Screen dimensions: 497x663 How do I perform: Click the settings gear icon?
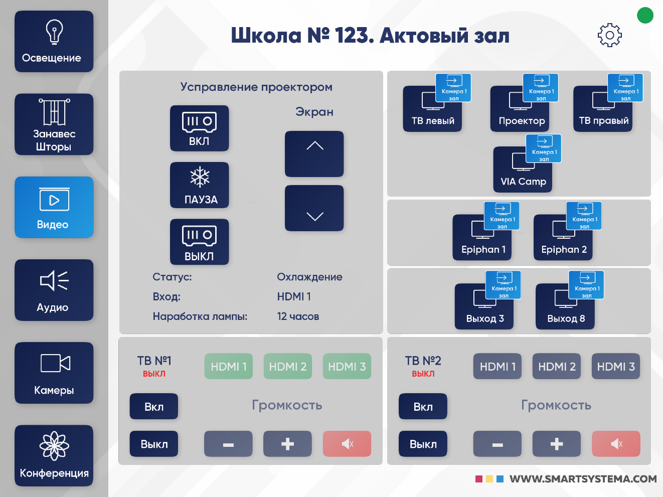pyautogui.click(x=609, y=35)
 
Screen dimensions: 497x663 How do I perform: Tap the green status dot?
pyautogui.click(x=645, y=15)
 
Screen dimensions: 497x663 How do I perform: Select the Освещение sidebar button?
pyautogui.click(x=54, y=42)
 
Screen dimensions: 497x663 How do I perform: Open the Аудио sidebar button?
pyautogui.click(x=54, y=290)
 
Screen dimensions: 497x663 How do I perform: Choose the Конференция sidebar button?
pyautogui.click(x=54, y=455)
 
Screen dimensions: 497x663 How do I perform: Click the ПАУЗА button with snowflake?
pyautogui.click(x=200, y=185)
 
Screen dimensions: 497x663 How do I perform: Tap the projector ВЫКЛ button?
pyautogui.click(x=200, y=242)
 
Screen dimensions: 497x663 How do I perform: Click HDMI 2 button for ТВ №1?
pyautogui.click(x=288, y=367)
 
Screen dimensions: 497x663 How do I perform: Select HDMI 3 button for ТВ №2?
pyautogui.click(x=616, y=367)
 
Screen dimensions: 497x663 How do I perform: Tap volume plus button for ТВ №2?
pyautogui.click(x=557, y=444)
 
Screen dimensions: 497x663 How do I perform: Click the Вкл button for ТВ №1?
pyautogui.click(x=154, y=406)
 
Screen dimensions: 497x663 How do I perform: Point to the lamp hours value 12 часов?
pyautogui.click(x=298, y=316)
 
